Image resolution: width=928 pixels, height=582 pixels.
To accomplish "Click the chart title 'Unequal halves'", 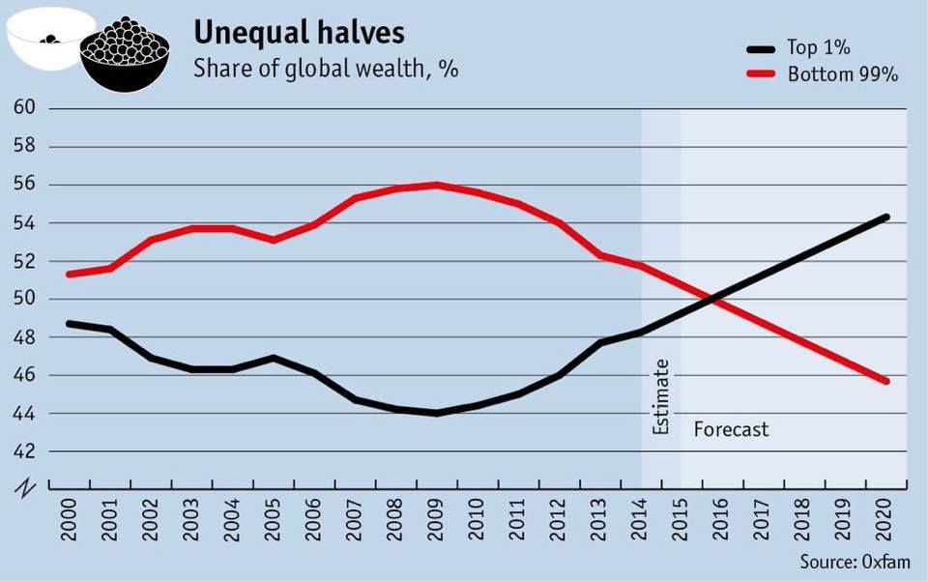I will (x=299, y=32).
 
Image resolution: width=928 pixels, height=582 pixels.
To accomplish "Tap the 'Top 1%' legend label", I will (x=820, y=47).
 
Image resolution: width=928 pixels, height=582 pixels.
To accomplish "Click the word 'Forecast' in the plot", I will (x=732, y=428).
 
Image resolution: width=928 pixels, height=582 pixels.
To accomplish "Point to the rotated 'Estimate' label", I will (x=661, y=396).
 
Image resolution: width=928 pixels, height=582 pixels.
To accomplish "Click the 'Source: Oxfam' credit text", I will (x=855, y=562).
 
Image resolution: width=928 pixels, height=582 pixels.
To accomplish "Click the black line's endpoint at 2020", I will (x=885, y=217).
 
